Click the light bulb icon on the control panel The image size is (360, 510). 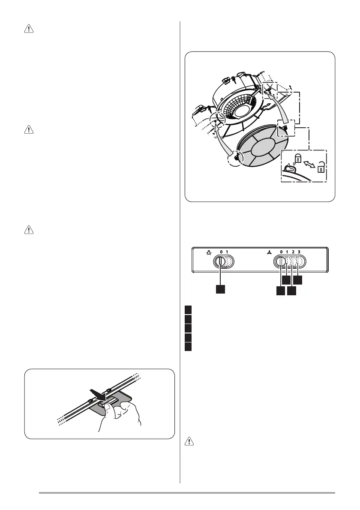pyautogui.click(x=209, y=252)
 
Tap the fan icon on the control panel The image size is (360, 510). pyautogui.click(x=270, y=252)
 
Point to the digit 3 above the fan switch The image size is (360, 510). pyautogui.click(x=299, y=252)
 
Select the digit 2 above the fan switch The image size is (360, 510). pyautogui.click(x=293, y=252)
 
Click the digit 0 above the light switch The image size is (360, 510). pyautogui.click(x=220, y=252)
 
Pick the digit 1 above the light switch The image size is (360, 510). pyautogui.click(x=226, y=252)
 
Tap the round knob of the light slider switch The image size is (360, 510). pyautogui.click(x=220, y=261)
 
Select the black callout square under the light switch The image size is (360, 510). pyautogui.click(x=220, y=289)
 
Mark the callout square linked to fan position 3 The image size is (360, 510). pyautogui.click(x=298, y=280)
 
